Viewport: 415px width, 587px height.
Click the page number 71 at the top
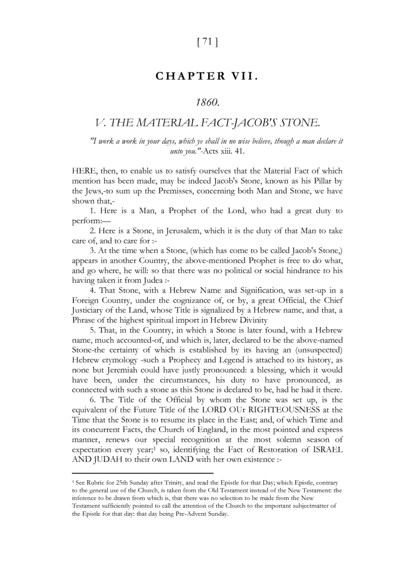206,43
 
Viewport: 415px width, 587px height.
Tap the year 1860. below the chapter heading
207,103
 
